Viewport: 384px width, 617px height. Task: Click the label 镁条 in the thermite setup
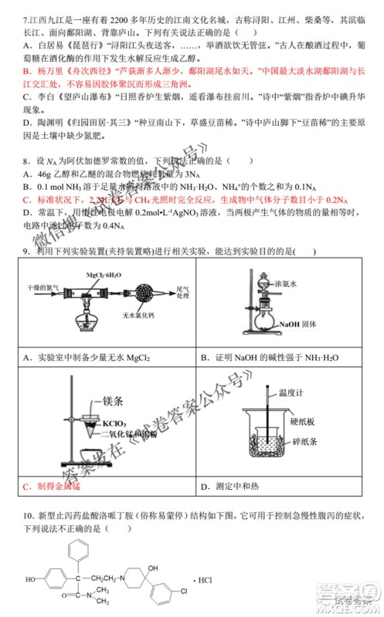(114, 401)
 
